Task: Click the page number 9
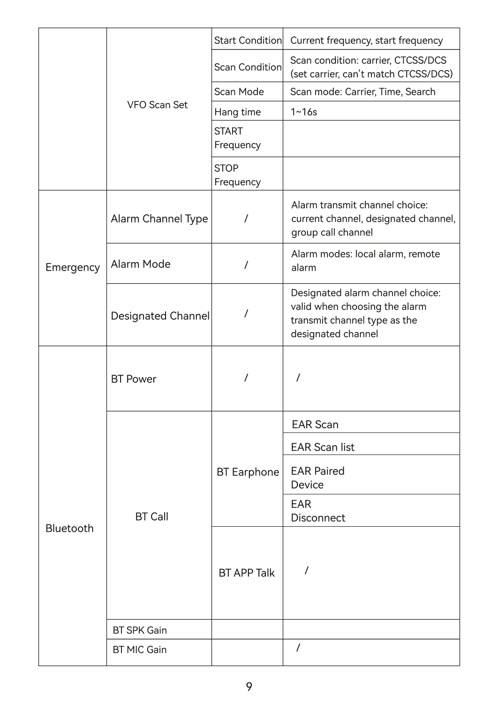249,687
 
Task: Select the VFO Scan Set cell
157,105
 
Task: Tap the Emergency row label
72,267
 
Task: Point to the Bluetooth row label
69,529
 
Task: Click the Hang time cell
237,112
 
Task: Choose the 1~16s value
304,112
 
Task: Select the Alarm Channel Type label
159,219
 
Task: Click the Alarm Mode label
141,264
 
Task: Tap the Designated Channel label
160,316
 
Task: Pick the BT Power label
134,379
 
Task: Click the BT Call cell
151,517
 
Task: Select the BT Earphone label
248,472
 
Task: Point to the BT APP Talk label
247,573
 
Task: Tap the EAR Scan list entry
323,447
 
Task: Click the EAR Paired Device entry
317,478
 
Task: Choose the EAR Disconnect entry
317,511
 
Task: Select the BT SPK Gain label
140,630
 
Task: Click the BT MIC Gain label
140,650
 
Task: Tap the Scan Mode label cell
239,92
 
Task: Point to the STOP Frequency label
237,175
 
